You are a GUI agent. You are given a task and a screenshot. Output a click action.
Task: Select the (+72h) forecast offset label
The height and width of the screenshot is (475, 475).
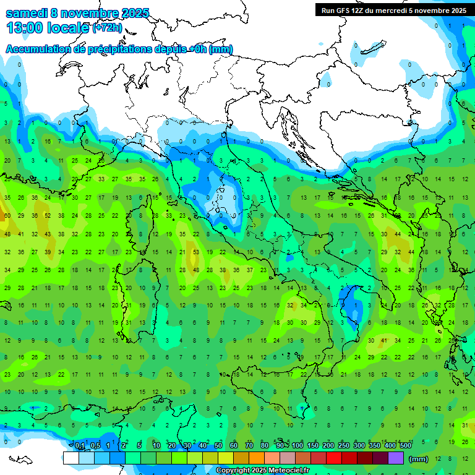coord(107,28)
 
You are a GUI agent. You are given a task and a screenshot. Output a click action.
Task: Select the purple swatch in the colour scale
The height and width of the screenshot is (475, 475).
coord(395,458)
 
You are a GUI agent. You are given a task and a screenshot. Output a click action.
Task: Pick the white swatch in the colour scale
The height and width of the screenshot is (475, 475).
coord(71,458)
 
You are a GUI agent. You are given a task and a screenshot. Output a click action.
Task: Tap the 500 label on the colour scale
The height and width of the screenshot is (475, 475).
coord(405,446)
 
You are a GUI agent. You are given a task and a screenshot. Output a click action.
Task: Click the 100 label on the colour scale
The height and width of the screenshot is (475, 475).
coord(297,446)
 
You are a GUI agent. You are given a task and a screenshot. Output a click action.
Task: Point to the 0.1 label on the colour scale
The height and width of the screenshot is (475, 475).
coord(80,446)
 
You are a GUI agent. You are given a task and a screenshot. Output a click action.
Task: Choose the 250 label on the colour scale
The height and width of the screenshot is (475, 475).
coord(343,446)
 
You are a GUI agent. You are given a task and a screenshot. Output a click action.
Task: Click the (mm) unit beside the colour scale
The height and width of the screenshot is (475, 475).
coord(419,459)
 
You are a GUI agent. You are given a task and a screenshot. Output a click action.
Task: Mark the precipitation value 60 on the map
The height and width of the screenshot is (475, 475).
coord(7,216)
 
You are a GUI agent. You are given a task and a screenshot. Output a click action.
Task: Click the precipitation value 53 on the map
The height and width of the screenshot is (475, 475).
coord(196,252)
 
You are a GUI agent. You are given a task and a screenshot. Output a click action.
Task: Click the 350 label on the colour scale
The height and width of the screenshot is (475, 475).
coord(375,446)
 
